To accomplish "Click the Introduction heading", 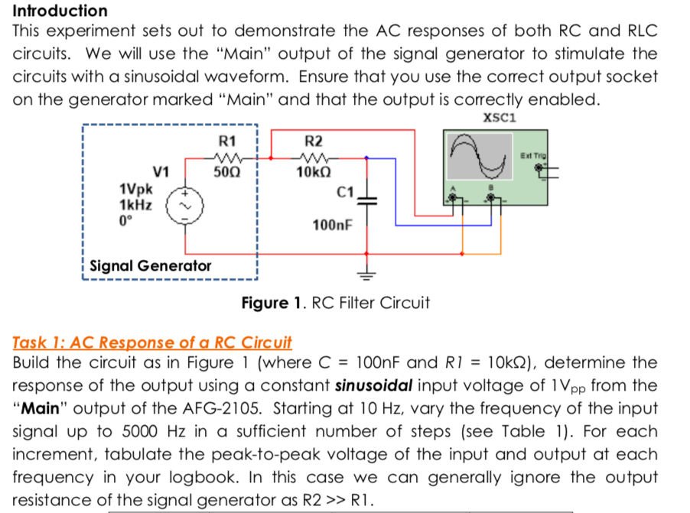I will pos(60,11).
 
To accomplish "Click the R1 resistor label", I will pos(227,141).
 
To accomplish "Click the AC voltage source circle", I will pos(184,203).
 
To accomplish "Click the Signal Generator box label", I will pos(150,266).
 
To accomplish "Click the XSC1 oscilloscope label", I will pos(500,119).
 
